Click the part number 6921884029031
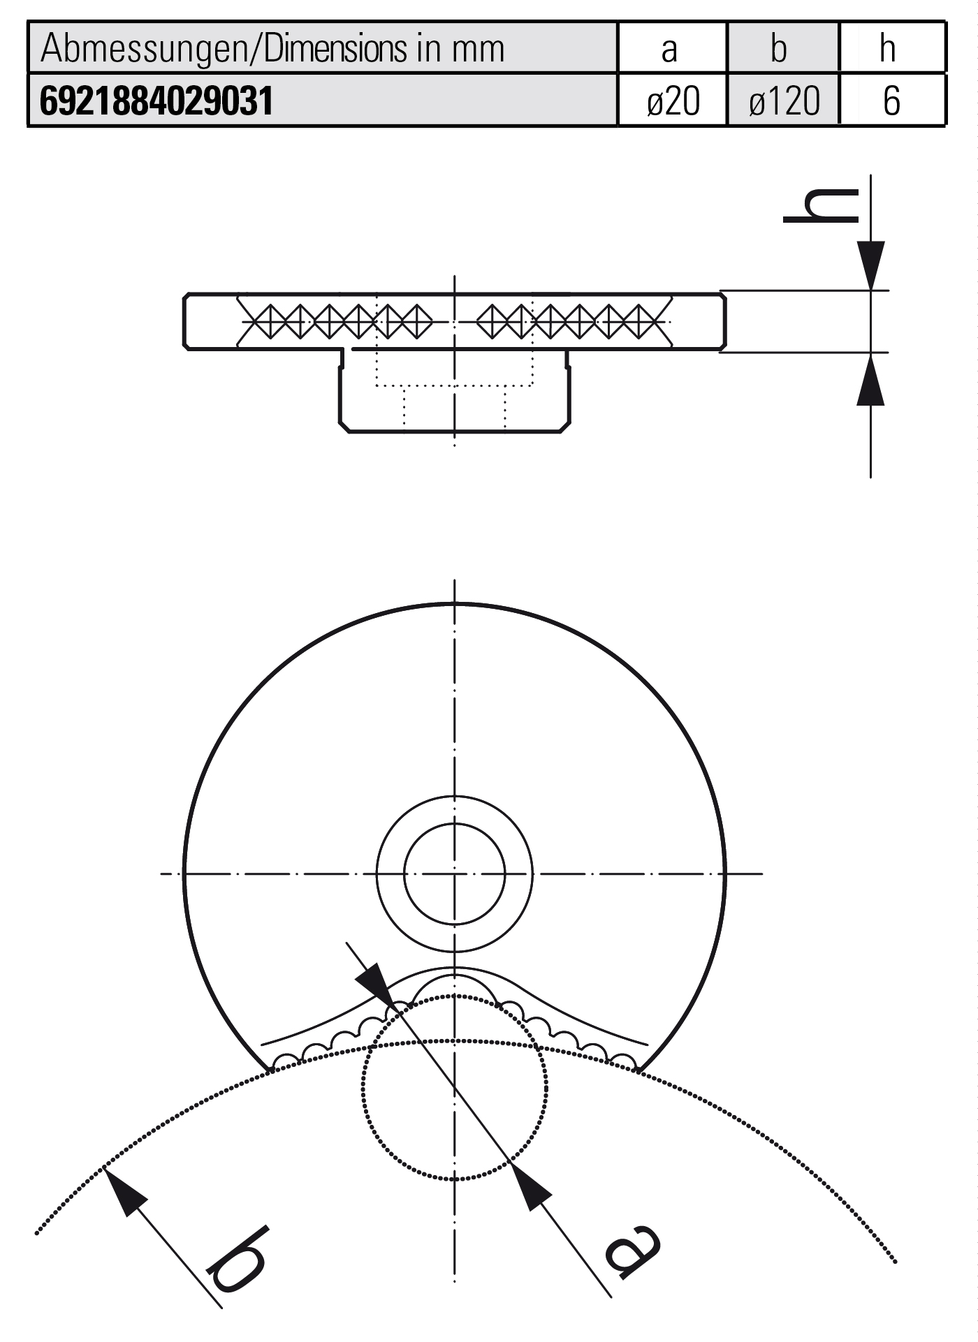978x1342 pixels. click(x=156, y=101)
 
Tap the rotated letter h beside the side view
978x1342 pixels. click(x=822, y=207)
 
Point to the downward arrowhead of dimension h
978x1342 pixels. click(x=870, y=265)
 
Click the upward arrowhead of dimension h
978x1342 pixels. click(x=870, y=381)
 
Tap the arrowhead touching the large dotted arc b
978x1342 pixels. click(x=124, y=1189)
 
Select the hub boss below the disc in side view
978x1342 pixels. click(x=454, y=405)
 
